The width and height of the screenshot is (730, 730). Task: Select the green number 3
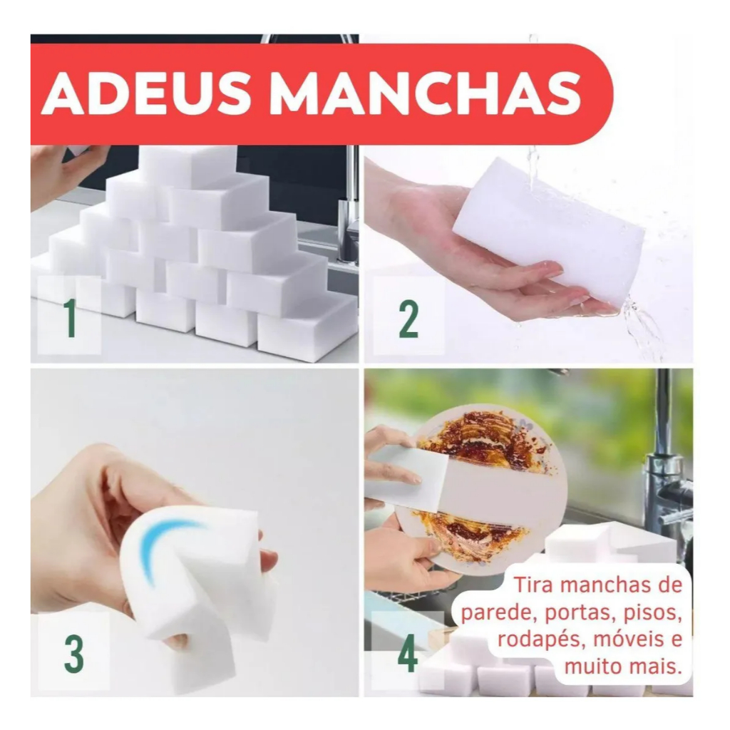(x=73, y=654)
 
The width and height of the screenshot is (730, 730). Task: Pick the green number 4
(x=407, y=654)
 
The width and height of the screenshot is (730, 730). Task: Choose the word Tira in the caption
(x=533, y=586)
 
